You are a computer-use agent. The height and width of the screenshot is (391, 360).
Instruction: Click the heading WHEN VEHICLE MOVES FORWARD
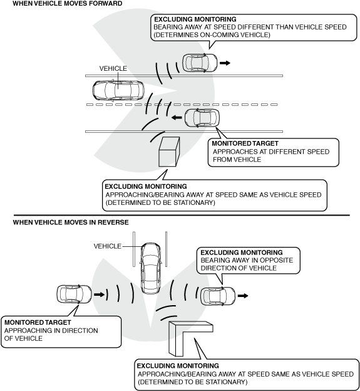67,4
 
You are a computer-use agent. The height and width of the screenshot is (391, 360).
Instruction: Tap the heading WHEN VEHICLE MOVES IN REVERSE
71,222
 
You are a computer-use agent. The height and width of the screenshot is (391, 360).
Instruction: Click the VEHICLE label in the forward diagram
113,68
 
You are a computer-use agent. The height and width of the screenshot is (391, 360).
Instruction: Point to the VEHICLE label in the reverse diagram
108,246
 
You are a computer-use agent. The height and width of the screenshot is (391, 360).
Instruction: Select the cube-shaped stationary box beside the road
169,152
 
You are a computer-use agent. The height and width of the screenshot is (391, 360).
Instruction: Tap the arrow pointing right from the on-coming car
225,63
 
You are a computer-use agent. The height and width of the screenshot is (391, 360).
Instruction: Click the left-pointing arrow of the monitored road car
177,117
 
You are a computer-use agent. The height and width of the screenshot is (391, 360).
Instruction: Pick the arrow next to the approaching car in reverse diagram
99,295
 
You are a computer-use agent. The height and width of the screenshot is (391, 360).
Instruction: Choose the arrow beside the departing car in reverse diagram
243,296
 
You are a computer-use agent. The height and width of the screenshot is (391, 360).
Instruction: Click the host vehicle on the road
118,90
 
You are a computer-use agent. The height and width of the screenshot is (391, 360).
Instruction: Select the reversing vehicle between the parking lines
150,268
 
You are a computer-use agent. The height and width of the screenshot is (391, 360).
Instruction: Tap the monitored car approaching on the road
202,118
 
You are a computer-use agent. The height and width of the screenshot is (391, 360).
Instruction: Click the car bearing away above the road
200,63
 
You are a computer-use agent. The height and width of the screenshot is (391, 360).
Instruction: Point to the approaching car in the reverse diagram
75,295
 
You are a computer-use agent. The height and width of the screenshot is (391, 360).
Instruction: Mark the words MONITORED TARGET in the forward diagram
245,143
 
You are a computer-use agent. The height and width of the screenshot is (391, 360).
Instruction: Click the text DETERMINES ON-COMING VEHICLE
212,34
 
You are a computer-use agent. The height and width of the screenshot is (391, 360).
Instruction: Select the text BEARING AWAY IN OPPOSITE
247,260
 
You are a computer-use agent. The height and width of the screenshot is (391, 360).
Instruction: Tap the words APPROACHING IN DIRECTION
51,330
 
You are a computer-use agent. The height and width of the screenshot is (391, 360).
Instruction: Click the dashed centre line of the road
182,105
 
